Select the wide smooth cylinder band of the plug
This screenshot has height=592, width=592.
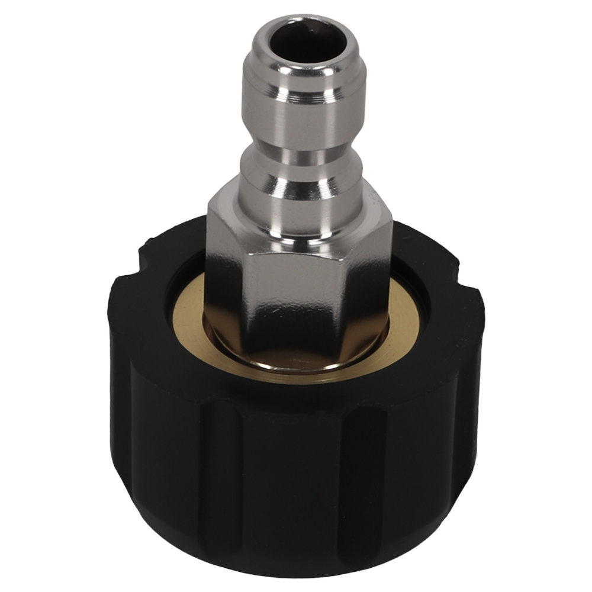pyautogui.click(x=290, y=121)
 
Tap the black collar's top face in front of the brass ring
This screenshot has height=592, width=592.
pyautogui.click(x=296, y=394)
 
